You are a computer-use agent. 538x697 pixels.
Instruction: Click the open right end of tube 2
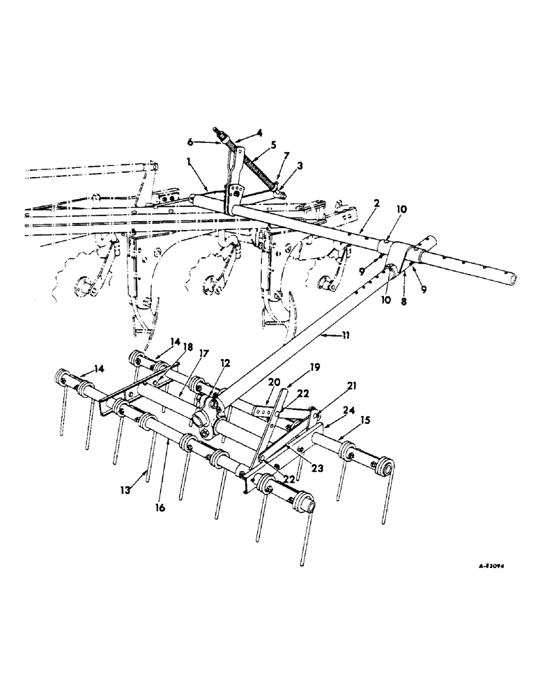(512, 279)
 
